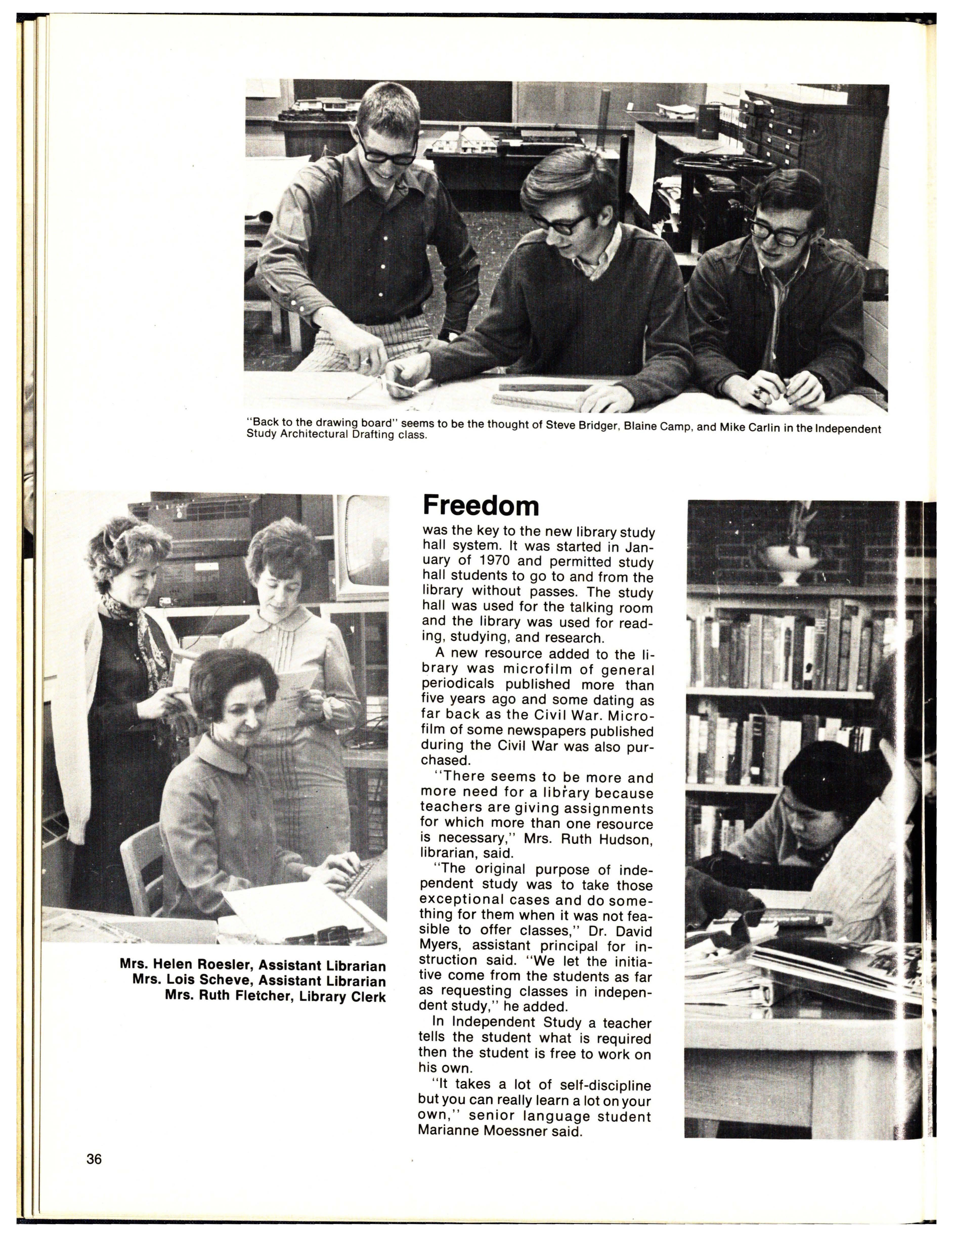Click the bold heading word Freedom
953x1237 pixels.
pyautogui.click(x=481, y=505)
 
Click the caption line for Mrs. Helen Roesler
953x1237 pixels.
pyautogui.click(x=253, y=965)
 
